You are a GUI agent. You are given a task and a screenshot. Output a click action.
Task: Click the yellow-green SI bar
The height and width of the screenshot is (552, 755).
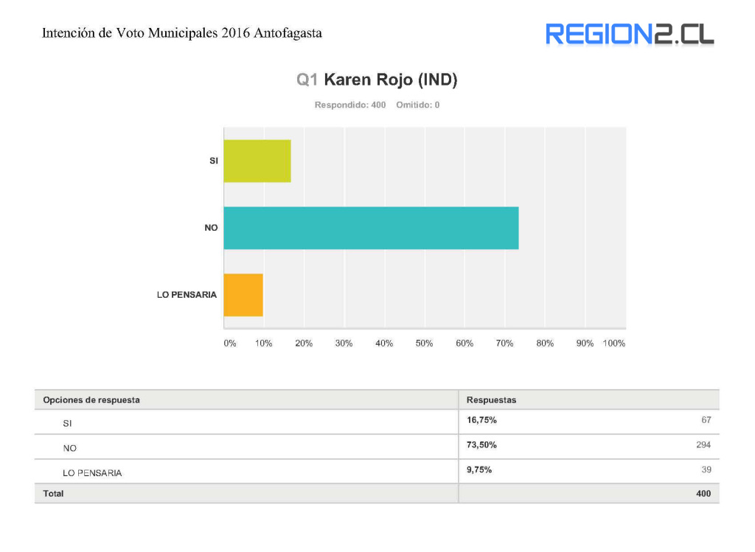(x=257, y=161)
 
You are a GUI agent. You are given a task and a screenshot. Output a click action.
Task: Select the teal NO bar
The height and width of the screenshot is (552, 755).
(x=371, y=228)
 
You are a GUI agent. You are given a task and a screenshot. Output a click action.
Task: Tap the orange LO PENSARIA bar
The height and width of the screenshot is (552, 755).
(x=243, y=295)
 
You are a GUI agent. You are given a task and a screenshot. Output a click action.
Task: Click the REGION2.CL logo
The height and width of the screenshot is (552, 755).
(x=630, y=34)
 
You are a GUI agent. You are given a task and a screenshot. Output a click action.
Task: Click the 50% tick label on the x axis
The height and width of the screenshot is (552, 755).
(x=424, y=343)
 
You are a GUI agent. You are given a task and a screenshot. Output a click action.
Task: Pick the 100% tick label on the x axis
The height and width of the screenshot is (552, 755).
(x=613, y=343)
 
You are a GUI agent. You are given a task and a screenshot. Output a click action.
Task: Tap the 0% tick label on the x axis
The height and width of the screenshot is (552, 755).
(x=229, y=343)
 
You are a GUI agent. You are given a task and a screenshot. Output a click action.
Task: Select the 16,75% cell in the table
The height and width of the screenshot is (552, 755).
(x=481, y=420)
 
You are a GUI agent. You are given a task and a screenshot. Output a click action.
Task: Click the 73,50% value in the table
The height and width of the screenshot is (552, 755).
(x=481, y=444)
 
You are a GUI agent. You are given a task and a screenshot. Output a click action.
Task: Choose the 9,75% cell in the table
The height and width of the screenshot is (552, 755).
(x=479, y=469)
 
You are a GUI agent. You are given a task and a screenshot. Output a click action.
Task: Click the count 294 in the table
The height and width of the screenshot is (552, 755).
(x=703, y=444)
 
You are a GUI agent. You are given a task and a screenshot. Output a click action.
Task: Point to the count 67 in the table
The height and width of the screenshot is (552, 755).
(x=706, y=420)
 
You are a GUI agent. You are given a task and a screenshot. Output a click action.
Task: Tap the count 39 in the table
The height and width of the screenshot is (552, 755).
(x=706, y=469)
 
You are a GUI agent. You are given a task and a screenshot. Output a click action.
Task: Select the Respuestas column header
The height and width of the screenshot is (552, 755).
(x=491, y=399)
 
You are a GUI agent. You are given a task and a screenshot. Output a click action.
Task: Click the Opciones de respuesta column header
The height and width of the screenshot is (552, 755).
(x=91, y=399)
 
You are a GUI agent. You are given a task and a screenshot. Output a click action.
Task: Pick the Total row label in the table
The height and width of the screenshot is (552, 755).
(x=53, y=494)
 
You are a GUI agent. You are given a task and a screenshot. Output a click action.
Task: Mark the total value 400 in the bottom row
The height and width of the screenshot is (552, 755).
(x=703, y=494)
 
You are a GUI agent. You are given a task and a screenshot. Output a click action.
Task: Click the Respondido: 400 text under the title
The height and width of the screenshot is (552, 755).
(x=350, y=105)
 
